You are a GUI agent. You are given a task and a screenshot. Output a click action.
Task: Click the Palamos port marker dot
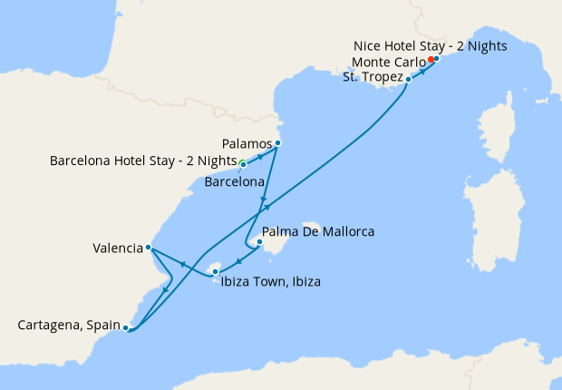point(278,143)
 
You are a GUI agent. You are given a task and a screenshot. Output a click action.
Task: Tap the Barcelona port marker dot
point(243,164)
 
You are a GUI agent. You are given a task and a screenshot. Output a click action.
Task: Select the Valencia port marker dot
point(148,247)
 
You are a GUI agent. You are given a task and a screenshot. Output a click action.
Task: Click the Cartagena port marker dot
point(125,327)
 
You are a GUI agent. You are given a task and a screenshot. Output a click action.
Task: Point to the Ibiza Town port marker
point(215,270)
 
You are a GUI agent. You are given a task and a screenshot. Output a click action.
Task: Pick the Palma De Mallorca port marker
point(259,242)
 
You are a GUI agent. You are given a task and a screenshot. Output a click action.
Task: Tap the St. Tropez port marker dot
point(408,79)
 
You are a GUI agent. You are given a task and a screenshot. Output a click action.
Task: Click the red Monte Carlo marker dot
point(431,62)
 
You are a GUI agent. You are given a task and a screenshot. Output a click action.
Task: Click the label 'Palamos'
point(247,143)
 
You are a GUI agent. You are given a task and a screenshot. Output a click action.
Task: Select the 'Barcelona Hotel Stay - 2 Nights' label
point(142,163)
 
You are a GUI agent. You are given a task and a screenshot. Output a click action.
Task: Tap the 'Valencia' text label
point(117,247)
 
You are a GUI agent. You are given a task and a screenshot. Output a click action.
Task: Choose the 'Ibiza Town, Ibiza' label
point(270,282)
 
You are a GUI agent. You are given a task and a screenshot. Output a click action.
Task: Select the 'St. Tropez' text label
point(372,78)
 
